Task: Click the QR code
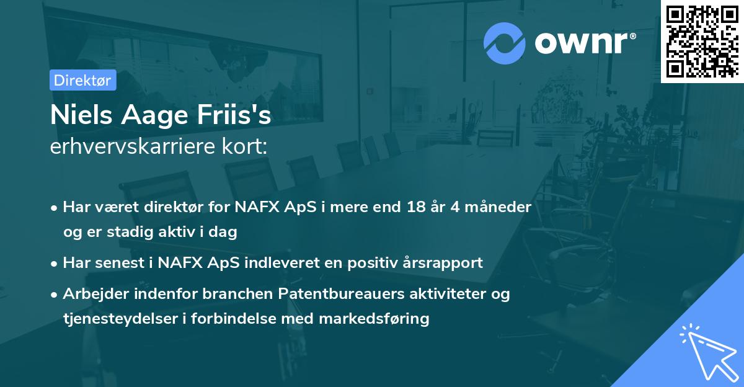coord(702,41)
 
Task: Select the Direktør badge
coord(82,80)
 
